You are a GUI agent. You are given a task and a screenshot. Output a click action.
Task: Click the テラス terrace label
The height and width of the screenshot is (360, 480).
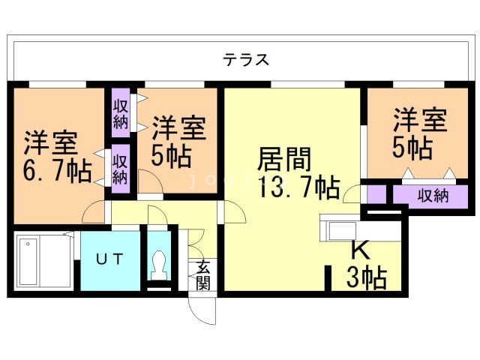[245, 60]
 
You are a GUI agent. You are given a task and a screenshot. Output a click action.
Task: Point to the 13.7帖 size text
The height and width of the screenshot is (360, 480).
[297, 187]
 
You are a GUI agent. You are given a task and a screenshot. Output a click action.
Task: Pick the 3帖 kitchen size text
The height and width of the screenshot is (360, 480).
[366, 277]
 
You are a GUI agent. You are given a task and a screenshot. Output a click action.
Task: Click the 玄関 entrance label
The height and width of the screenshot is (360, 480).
[203, 274]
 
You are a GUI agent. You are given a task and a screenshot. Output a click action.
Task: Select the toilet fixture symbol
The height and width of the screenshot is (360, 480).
[158, 264]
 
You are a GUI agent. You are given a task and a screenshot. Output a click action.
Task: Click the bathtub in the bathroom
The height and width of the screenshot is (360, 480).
[43, 261]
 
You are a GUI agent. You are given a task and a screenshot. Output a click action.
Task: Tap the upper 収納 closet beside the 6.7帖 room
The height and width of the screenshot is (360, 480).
[121, 111]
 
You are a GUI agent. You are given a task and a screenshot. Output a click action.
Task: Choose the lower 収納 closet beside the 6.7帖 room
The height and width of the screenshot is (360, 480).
[120, 169]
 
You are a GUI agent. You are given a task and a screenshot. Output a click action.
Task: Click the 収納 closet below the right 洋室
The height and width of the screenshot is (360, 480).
[433, 196]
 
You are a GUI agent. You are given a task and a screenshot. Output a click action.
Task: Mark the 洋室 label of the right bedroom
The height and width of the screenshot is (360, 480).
[421, 121]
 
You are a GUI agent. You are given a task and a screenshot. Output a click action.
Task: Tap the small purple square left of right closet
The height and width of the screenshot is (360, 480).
[377, 194]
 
